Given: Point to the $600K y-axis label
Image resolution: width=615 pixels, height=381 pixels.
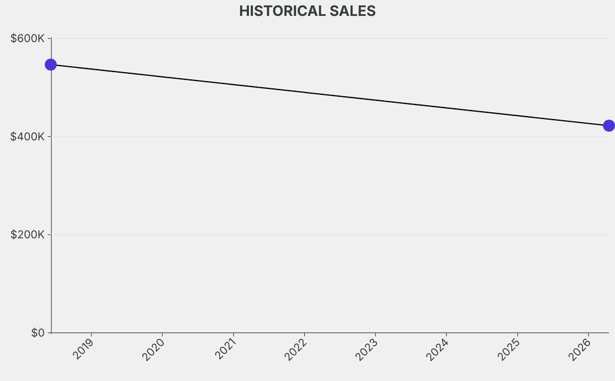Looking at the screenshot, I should click(28, 38).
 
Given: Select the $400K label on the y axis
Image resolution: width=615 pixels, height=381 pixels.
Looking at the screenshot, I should click(28, 136).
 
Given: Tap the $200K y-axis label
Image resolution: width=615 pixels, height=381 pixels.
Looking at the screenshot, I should click(28, 234).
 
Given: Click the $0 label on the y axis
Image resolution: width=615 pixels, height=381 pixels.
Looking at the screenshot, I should click(37, 333).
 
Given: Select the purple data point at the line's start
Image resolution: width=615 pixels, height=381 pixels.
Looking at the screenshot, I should click(51, 64).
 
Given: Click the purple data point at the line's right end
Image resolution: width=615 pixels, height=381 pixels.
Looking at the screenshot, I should click(608, 126).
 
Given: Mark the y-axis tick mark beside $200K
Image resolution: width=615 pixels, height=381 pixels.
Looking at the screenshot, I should click(49, 234).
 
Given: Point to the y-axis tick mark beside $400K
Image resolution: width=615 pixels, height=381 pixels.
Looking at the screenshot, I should click(49, 136).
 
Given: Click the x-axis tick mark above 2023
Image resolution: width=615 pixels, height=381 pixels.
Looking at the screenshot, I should click(375, 335).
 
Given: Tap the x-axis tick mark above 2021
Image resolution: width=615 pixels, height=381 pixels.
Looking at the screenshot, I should click(234, 335).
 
